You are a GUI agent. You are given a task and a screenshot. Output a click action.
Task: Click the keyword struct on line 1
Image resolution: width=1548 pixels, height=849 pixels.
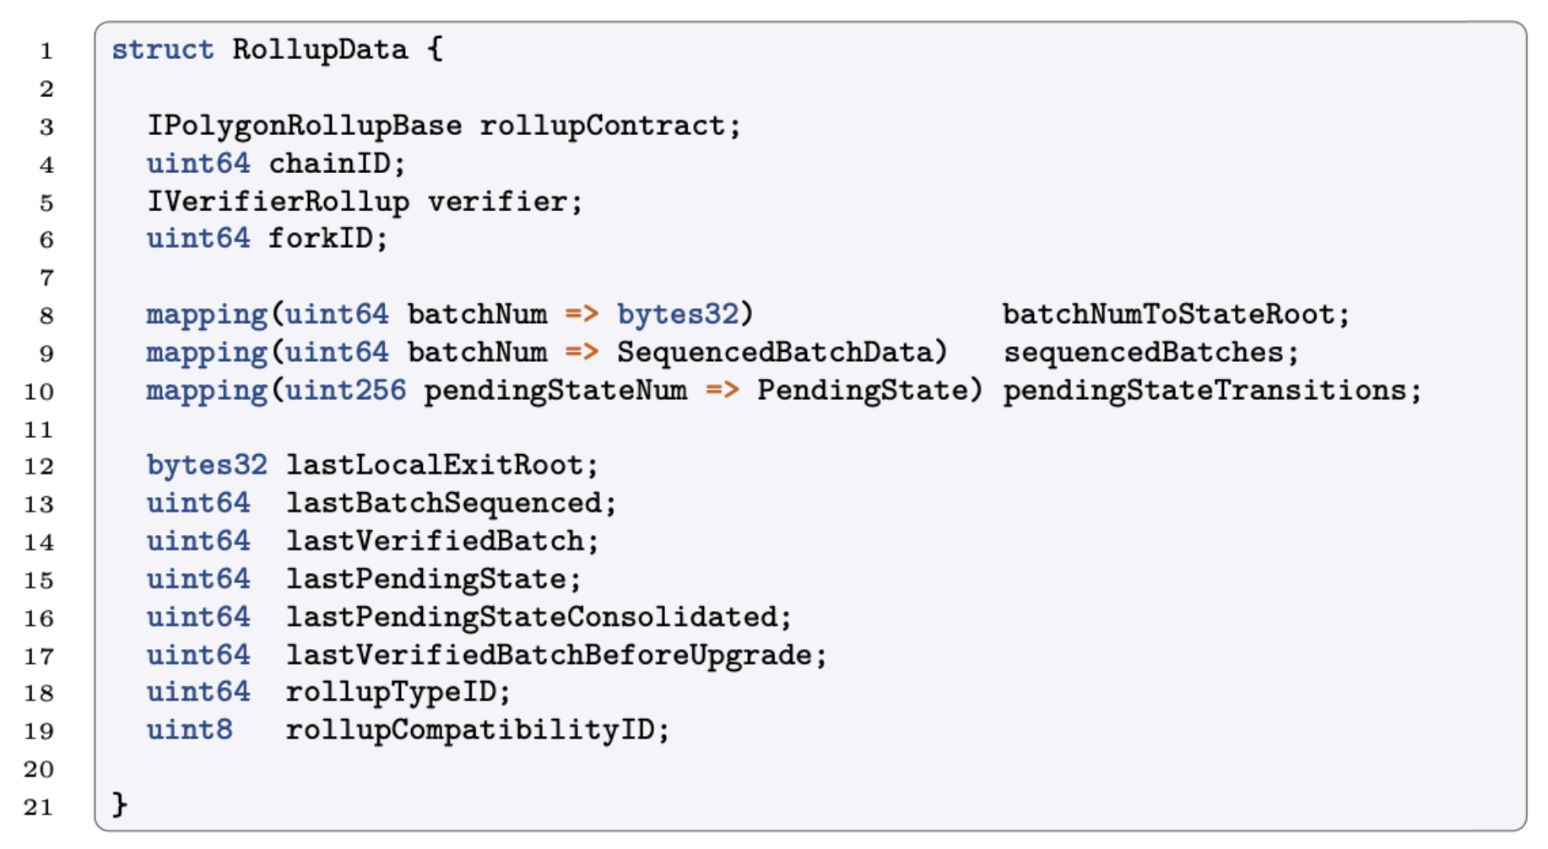pos(162,50)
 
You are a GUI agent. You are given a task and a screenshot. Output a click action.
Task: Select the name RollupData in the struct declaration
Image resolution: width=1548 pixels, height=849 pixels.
pos(320,50)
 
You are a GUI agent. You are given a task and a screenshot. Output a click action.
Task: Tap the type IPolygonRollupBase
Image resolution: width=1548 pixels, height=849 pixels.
pos(304,126)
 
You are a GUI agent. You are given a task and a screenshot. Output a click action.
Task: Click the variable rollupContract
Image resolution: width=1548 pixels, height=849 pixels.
pos(603,126)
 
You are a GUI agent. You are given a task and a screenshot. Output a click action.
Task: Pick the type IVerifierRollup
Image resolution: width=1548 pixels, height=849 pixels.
pos(278,202)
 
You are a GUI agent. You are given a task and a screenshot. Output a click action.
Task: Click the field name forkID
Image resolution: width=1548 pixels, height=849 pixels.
pos(320,239)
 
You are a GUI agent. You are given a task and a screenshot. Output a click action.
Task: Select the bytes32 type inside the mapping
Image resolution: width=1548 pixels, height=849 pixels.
pos(678,315)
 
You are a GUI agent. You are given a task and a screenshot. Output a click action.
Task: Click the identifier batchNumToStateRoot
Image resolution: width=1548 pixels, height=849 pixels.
pos(1168,315)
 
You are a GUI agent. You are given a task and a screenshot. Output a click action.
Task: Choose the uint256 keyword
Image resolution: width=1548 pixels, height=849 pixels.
pos(345,391)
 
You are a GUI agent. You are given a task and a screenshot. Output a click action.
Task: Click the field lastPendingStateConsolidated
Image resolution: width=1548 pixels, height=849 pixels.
pos(531,617)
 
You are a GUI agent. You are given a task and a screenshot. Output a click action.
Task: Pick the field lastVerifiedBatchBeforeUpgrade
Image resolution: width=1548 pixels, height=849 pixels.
pos(549,655)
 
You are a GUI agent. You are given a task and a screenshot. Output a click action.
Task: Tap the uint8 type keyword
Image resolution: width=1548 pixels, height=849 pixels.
pos(189,730)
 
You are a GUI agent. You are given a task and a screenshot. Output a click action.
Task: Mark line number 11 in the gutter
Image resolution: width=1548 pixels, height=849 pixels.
pos(39,430)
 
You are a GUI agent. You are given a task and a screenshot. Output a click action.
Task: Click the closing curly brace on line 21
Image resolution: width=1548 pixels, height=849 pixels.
pos(120,804)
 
